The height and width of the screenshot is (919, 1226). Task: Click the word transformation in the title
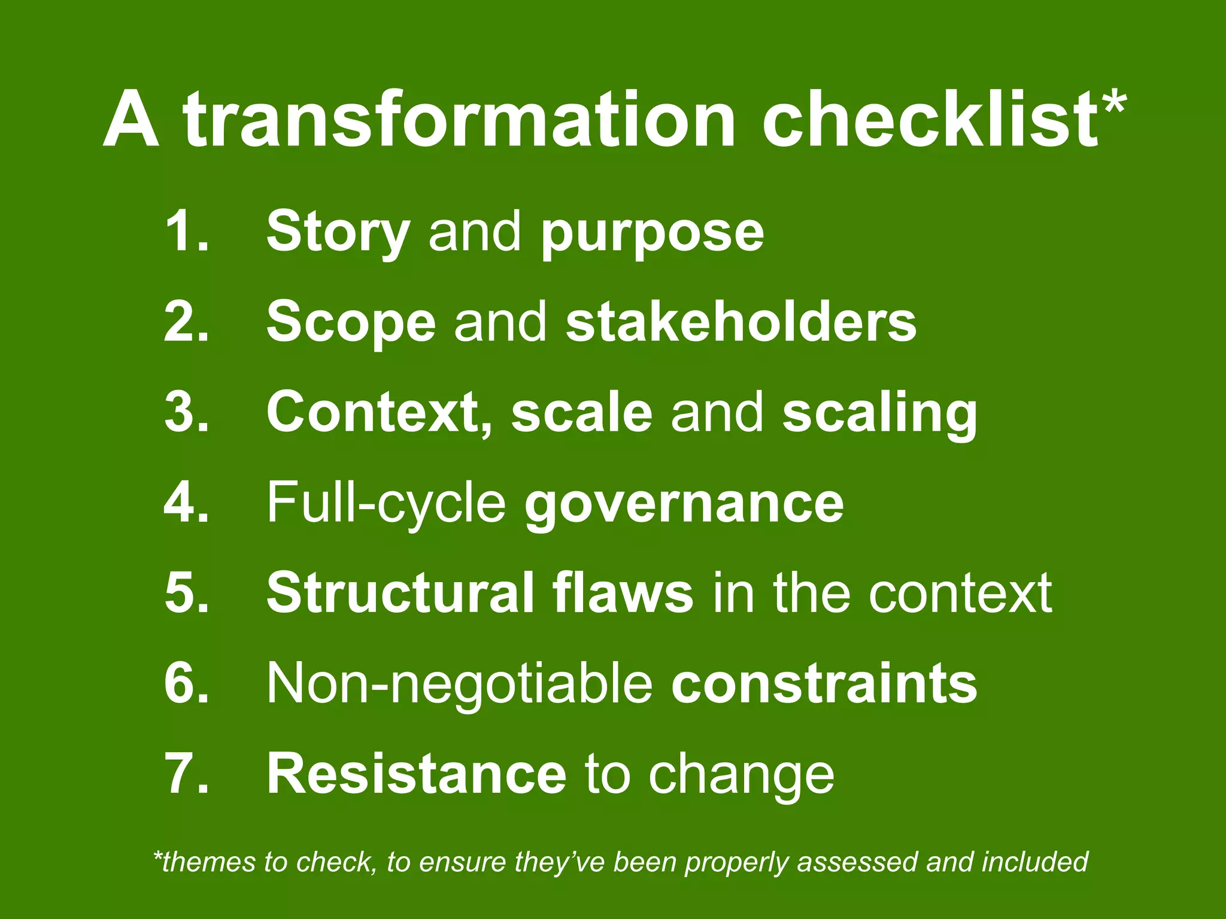(459, 119)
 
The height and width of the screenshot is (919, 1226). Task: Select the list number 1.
(186, 232)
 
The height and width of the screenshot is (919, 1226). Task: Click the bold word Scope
(351, 324)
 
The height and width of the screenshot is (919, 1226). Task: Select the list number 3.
(186, 412)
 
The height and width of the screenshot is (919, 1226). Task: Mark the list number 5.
(186, 593)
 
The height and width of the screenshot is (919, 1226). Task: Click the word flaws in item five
(622, 593)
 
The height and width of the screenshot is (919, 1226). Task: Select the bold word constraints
(824, 684)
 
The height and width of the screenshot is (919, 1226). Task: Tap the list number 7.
(186, 774)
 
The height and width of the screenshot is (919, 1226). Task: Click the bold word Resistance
(416, 774)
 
